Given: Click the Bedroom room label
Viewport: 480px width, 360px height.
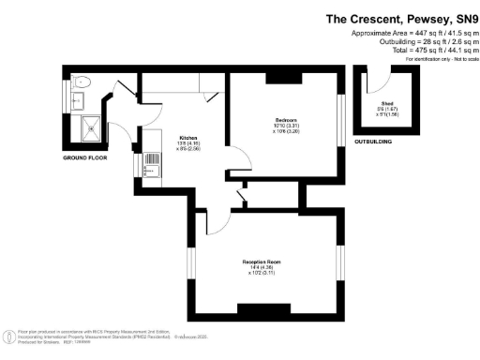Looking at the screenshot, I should point(285,121).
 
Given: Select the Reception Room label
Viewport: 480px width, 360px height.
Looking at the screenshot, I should point(262,260).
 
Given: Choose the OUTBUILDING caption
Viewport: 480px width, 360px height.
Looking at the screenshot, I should point(374,141).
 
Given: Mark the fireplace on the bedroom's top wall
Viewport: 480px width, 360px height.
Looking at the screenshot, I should point(280,77).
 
